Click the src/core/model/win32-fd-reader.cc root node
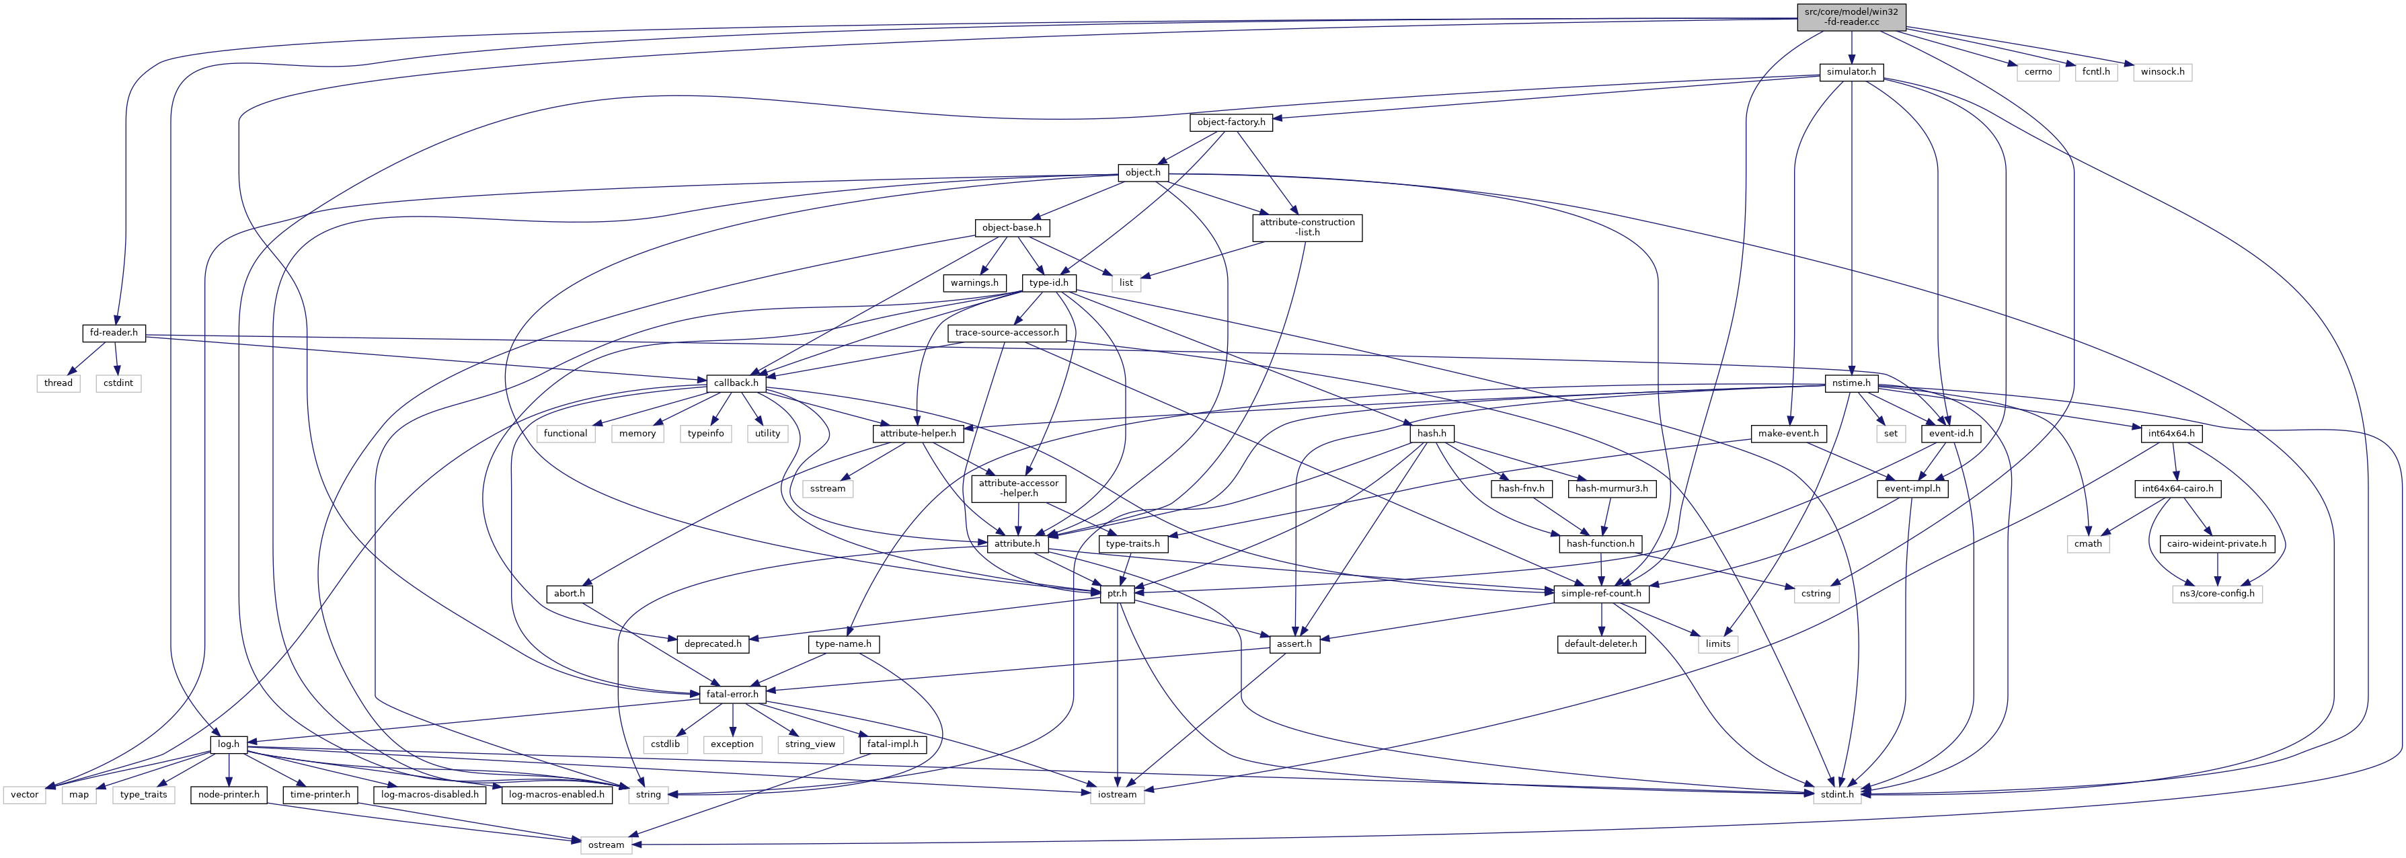(1851, 17)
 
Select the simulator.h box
(1851, 72)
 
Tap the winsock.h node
(2162, 72)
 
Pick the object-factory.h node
(1231, 122)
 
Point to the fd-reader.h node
(113, 332)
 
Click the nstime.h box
(1851, 383)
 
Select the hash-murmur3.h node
(1612, 488)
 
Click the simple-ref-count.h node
(1601, 594)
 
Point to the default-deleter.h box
(1601, 644)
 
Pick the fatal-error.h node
(732, 695)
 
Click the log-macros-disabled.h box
(430, 795)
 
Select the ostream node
(605, 845)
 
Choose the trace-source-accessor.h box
(1006, 332)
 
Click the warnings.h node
(974, 283)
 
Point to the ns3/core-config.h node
(2216, 594)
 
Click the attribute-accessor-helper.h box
(1018, 488)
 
